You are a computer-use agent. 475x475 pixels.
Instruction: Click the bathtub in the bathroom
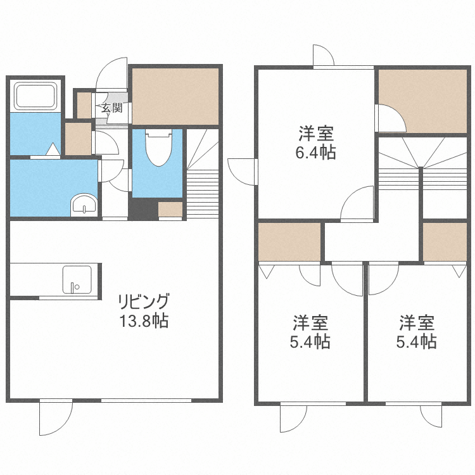36,96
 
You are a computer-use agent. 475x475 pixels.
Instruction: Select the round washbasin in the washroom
83,205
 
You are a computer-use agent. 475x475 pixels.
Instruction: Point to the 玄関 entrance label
112,108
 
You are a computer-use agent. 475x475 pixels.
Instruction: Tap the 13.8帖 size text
144,320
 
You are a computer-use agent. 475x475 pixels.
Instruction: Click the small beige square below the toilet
170,210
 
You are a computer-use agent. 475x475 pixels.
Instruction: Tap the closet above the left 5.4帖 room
289,243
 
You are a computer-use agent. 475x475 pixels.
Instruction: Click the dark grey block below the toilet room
143,208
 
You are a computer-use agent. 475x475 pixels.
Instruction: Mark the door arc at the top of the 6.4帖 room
322,54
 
